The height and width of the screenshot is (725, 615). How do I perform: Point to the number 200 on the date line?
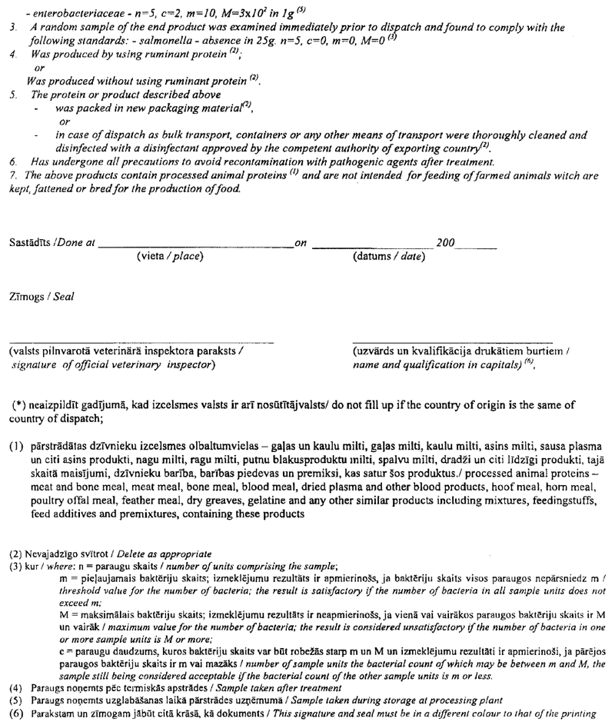click(x=445, y=242)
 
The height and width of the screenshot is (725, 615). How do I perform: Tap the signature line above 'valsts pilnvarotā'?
click(x=141, y=339)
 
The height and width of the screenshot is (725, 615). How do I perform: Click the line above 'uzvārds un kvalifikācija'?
click(x=453, y=339)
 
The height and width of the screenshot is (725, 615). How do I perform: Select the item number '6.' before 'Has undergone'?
click(x=13, y=163)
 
